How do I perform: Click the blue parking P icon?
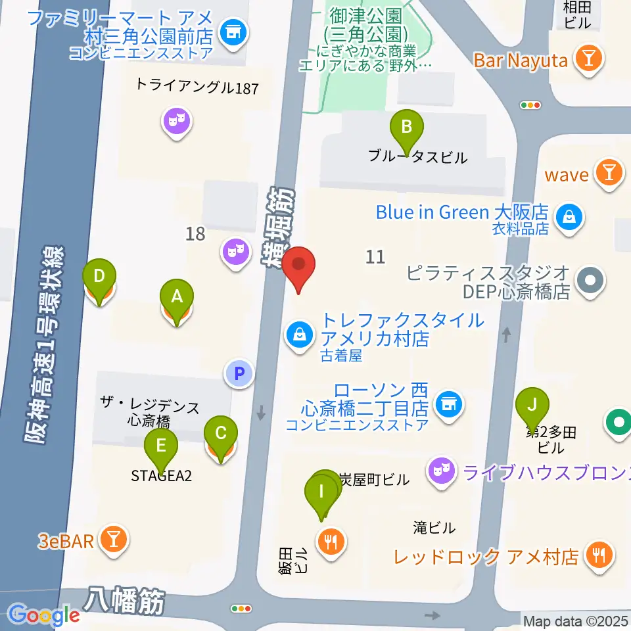239,374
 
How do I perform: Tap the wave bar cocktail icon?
609,174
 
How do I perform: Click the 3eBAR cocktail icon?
114,540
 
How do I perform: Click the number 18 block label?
195,233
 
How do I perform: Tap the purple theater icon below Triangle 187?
176,120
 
